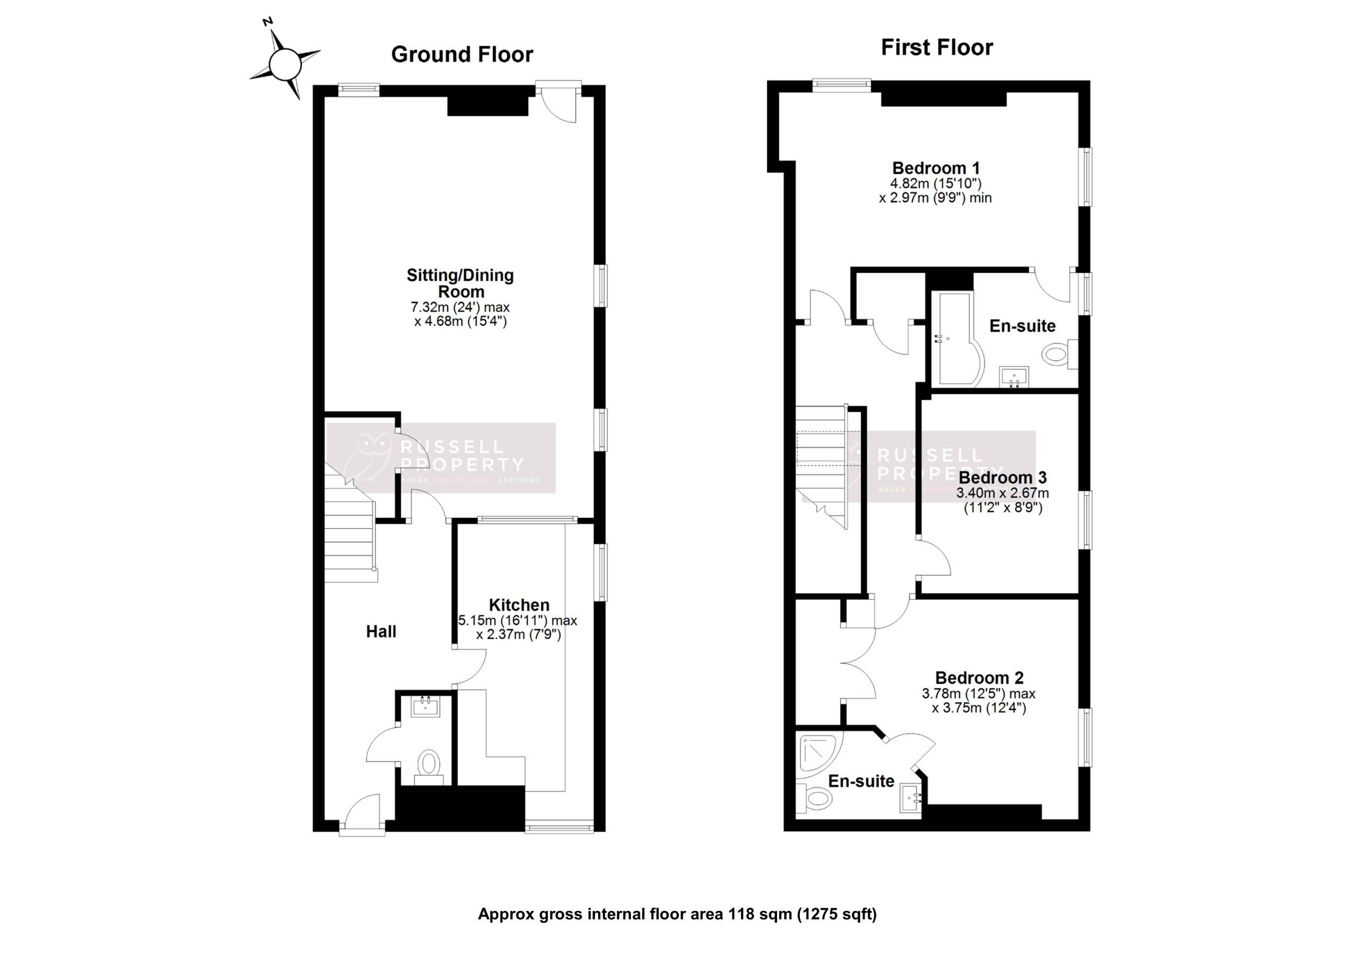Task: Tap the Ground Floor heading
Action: [x=462, y=55]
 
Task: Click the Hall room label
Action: [x=381, y=631]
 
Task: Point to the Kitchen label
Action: [x=519, y=605]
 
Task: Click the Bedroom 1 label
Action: [x=936, y=168]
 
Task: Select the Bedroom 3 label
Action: [x=1002, y=477]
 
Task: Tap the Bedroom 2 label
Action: [x=979, y=677]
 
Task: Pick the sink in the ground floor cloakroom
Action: [x=425, y=706]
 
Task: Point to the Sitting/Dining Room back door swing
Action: [x=558, y=106]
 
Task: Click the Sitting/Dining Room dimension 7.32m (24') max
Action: [x=460, y=308]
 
